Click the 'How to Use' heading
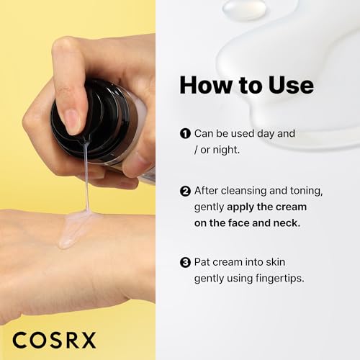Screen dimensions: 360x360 click(246, 85)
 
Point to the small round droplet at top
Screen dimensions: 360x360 click(245, 9)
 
